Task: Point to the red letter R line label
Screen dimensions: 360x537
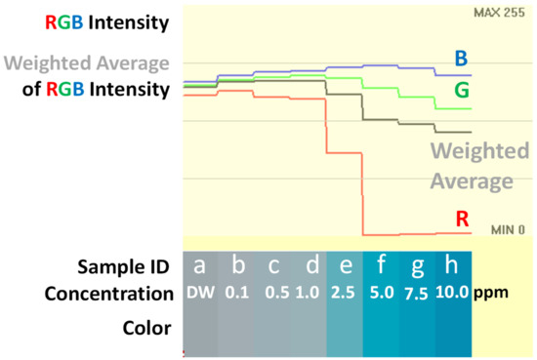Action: [463, 219]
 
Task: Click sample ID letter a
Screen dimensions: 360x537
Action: [199, 266]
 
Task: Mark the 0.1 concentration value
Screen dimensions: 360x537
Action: [235, 293]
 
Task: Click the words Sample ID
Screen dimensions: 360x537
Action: [124, 266]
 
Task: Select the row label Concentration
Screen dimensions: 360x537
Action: [104, 293]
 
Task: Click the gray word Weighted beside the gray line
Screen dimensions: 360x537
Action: [479, 151]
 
